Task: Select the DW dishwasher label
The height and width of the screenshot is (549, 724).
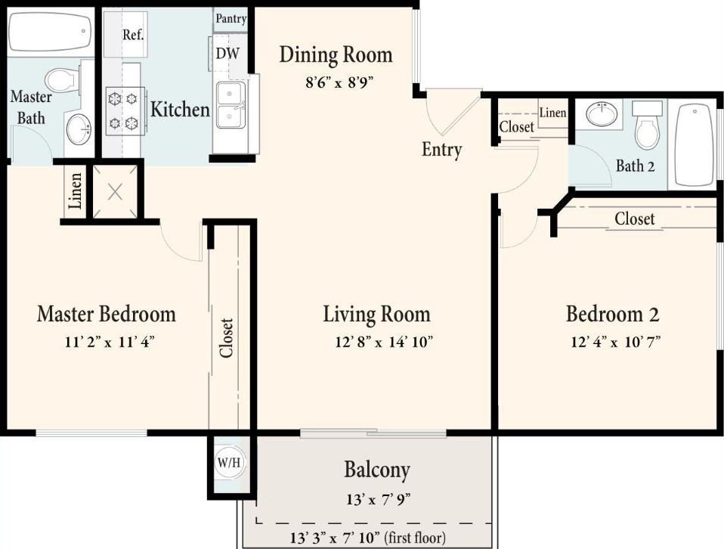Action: coord(227,54)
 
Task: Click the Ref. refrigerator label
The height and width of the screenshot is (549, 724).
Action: coord(134,35)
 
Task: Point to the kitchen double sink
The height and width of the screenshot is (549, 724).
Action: coord(231,105)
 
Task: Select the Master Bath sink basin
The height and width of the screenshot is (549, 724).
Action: coord(79,129)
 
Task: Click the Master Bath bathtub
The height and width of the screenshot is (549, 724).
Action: coord(50,32)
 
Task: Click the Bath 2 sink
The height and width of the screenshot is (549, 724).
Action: coord(603,114)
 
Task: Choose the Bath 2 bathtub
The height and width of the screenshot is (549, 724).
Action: coord(693,144)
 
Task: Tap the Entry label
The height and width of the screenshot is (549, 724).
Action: coord(441,150)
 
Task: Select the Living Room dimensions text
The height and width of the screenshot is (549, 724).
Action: coord(383,342)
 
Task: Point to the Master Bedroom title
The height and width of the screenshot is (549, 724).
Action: coord(106,314)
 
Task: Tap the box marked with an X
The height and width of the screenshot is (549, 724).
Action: coord(115,191)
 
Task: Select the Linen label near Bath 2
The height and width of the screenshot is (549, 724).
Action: coord(552,113)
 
